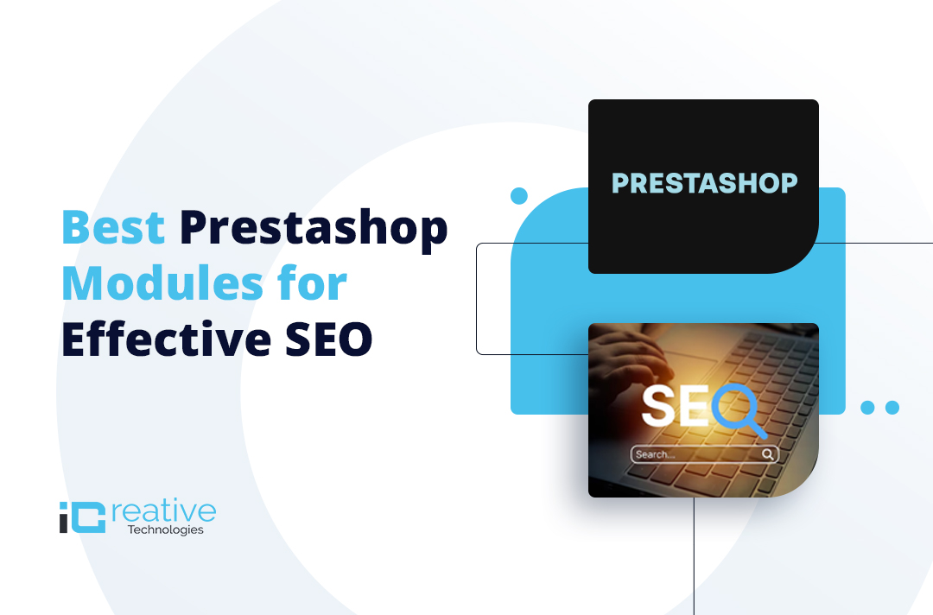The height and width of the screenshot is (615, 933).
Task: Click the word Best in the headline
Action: [113, 227]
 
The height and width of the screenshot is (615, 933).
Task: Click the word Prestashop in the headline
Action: [314, 230]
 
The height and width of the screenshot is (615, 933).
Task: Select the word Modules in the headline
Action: [162, 283]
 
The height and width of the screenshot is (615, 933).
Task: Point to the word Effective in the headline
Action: [166, 339]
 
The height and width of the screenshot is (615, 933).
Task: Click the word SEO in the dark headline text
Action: [329, 339]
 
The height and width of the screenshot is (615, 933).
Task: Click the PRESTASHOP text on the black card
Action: [705, 183]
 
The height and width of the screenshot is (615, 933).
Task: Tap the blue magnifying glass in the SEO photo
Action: [739, 410]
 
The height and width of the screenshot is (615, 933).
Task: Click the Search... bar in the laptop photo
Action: [705, 454]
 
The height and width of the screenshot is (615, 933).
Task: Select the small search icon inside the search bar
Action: [768, 454]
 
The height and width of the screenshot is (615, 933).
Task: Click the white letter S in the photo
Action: [657, 406]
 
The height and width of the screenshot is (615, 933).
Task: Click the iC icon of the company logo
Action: [82, 517]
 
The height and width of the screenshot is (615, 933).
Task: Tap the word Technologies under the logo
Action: [165, 529]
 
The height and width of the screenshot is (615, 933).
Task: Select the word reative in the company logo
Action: [163, 512]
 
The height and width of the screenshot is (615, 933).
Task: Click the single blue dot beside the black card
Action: [519, 196]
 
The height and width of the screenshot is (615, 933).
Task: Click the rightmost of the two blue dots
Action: [892, 408]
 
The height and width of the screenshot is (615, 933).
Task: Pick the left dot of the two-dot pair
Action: [867, 408]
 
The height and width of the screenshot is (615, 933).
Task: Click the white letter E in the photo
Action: [694, 406]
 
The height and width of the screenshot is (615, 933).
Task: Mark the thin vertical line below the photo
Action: [694, 556]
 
